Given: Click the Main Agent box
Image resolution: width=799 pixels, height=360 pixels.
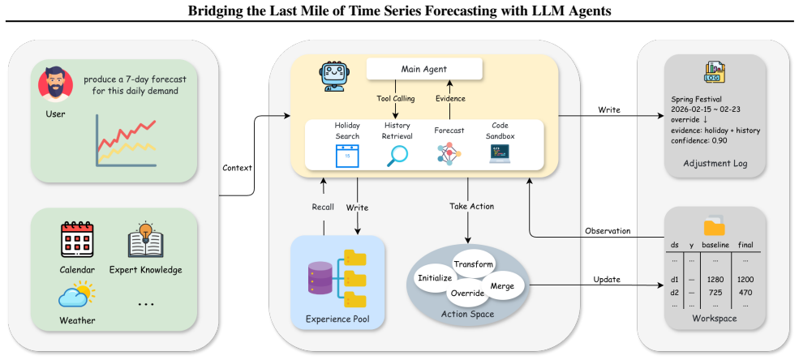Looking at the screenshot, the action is coord(424,69).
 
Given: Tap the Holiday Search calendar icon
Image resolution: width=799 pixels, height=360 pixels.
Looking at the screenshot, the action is coord(347,156).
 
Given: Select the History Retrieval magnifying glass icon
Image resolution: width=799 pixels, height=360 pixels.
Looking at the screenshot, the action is coord(397,156).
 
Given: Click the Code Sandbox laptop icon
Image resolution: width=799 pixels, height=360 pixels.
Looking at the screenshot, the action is coord(500,154).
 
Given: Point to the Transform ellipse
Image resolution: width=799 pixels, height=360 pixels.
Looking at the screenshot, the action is coord(474,264).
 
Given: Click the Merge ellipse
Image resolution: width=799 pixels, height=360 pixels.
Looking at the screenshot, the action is coord(502,286).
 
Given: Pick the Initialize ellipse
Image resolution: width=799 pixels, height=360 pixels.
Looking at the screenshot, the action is coord(435,279).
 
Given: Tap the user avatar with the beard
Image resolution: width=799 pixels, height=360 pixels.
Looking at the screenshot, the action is coord(52,84).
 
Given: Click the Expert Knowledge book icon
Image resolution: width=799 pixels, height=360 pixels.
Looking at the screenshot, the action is coord(146,240).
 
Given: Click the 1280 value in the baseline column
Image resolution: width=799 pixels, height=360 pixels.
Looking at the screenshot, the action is coord(712,280).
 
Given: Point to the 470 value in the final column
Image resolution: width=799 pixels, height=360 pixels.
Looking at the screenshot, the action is coord(745,292).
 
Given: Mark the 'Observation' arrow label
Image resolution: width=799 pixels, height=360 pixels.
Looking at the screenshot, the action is coord(608,230).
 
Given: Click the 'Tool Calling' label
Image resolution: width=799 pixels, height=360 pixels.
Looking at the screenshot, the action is coord(395,98).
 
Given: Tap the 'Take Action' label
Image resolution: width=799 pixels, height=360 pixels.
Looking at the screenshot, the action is coord(471,206).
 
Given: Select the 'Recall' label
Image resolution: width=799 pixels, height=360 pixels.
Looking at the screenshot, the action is coord(323,207).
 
